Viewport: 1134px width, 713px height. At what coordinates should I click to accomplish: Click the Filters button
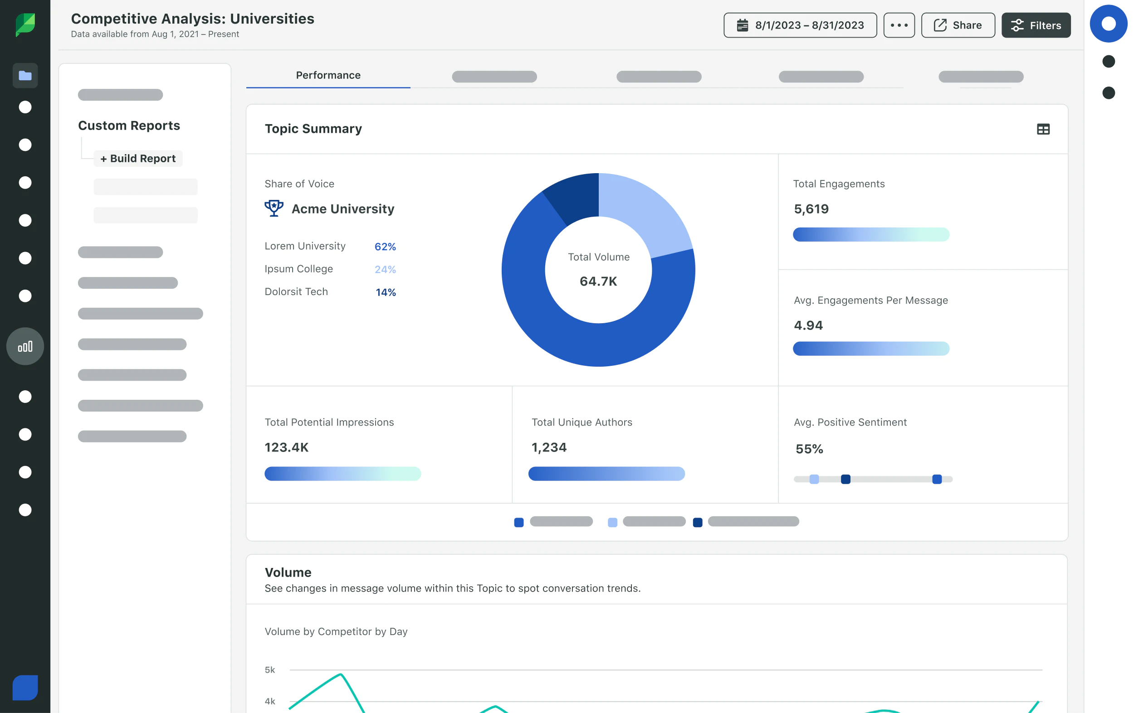coord(1036,25)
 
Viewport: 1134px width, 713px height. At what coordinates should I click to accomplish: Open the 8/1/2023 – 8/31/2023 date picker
coord(800,25)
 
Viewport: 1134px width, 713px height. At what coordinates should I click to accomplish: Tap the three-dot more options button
coord(899,25)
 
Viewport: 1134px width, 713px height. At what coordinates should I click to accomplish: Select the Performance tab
coord(328,75)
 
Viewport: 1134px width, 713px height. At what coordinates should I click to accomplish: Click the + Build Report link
coord(138,159)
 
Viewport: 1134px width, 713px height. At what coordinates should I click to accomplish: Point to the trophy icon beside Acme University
coord(274,208)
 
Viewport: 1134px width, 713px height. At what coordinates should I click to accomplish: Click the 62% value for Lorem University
coord(385,247)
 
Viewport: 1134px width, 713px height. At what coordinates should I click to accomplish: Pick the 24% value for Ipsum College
coord(385,269)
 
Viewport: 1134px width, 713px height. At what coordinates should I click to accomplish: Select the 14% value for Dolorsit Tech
coord(385,292)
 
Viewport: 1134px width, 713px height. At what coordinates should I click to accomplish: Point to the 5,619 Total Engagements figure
coord(811,209)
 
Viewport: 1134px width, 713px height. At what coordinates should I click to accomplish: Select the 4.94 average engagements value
coord(808,325)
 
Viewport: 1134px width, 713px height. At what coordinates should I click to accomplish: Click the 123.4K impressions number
coord(286,447)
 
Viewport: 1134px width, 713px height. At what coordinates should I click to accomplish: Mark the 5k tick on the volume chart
coord(270,669)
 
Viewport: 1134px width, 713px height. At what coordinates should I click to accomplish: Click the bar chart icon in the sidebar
coord(25,346)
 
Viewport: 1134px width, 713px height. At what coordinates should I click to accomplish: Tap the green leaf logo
coord(25,24)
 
